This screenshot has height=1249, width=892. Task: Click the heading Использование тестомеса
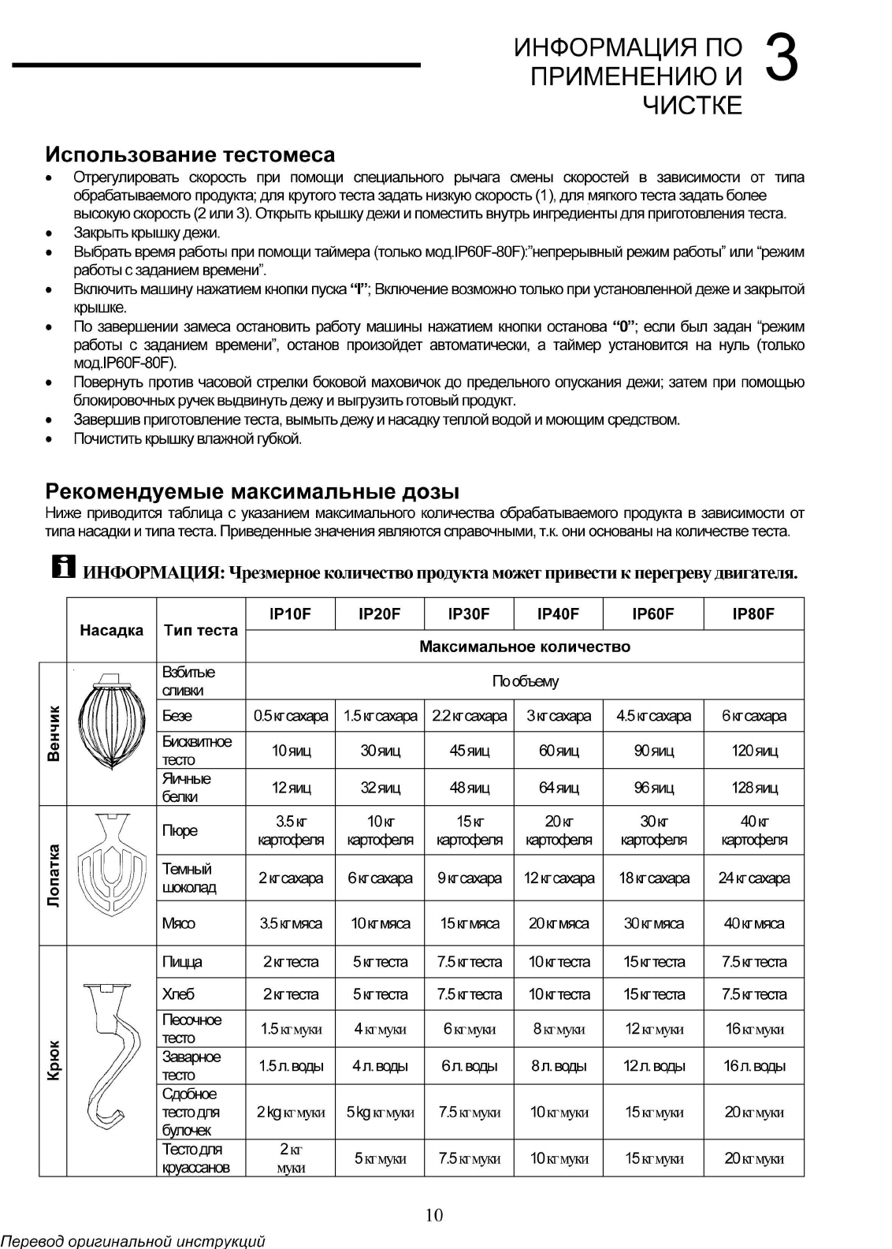(x=190, y=155)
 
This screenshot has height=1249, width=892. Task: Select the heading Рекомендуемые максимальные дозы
(x=252, y=492)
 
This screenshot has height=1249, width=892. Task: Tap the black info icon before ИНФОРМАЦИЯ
(x=63, y=565)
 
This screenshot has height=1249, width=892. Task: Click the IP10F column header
(x=290, y=614)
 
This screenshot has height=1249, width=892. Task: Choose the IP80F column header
(x=753, y=614)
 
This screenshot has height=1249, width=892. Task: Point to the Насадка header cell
(x=112, y=630)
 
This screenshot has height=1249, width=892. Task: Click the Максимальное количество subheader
(x=524, y=647)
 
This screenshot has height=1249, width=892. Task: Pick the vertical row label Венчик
(x=54, y=733)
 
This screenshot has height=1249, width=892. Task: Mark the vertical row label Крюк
(x=54, y=1061)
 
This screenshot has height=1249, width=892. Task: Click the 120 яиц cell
(x=753, y=751)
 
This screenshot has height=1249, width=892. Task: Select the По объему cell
(x=524, y=681)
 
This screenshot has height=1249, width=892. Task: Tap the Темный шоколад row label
(x=189, y=878)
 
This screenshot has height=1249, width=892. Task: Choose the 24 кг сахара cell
(x=753, y=878)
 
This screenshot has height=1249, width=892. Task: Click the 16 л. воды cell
(x=753, y=1066)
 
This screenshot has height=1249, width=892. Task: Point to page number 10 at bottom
(x=434, y=1215)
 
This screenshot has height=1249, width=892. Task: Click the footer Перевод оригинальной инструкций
(x=132, y=1241)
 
